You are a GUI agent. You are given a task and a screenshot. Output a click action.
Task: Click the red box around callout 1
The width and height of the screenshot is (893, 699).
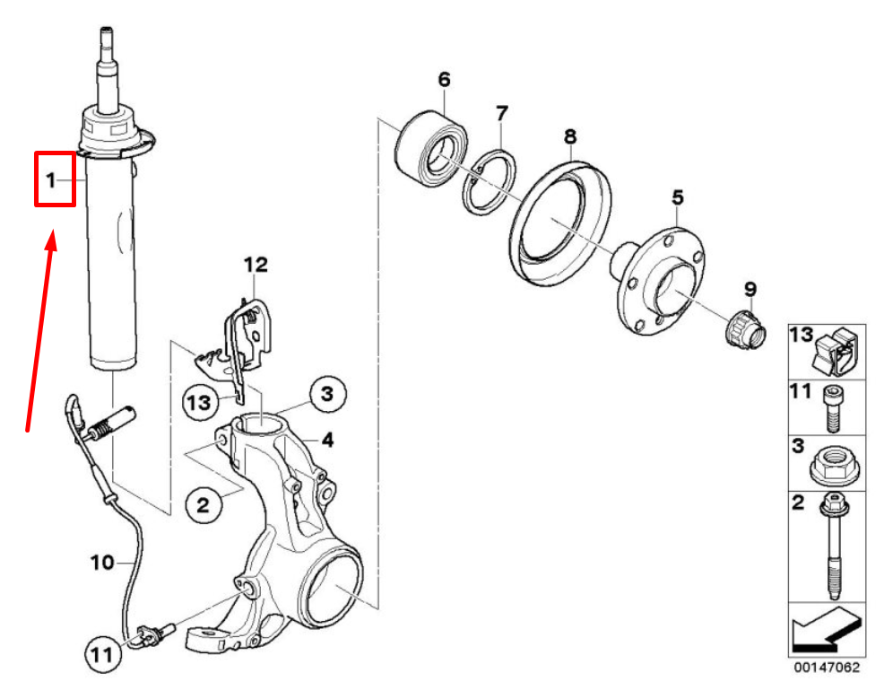tap(56, 179)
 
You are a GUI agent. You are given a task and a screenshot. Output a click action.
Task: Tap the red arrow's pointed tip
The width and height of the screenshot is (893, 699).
tap(54, 230)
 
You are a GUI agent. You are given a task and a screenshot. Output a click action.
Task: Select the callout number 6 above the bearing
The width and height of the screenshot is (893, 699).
tap(444, 79)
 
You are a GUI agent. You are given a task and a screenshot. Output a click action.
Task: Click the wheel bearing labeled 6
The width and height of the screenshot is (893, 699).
tap(431, 148)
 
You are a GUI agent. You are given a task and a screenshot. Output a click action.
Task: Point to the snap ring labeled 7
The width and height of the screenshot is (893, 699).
tap(490, 182)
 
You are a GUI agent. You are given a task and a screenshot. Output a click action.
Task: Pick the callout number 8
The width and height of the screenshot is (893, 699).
tap(570, 136)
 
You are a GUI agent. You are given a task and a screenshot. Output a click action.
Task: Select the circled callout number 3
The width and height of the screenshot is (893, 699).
tap(327, 394)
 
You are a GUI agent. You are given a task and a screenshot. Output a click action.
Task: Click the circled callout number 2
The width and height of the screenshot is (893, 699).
tap(204, 504)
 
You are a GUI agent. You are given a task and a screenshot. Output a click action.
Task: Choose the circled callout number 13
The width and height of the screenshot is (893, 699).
tap(199, 403)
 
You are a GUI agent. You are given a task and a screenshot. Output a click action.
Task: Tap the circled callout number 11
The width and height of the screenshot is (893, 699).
tap(102, 654)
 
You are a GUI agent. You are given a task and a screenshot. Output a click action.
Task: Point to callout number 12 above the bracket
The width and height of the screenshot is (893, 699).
tap(256, 265)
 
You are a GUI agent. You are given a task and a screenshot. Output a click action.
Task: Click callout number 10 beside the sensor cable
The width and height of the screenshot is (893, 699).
tap(102, 563)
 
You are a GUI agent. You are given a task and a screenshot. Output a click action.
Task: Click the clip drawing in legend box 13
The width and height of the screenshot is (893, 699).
tap(836, 351)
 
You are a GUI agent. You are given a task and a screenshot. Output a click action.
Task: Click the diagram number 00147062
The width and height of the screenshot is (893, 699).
tap(827, 668)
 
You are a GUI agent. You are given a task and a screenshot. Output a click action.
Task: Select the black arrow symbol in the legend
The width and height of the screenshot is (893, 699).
tap(825, 629)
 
